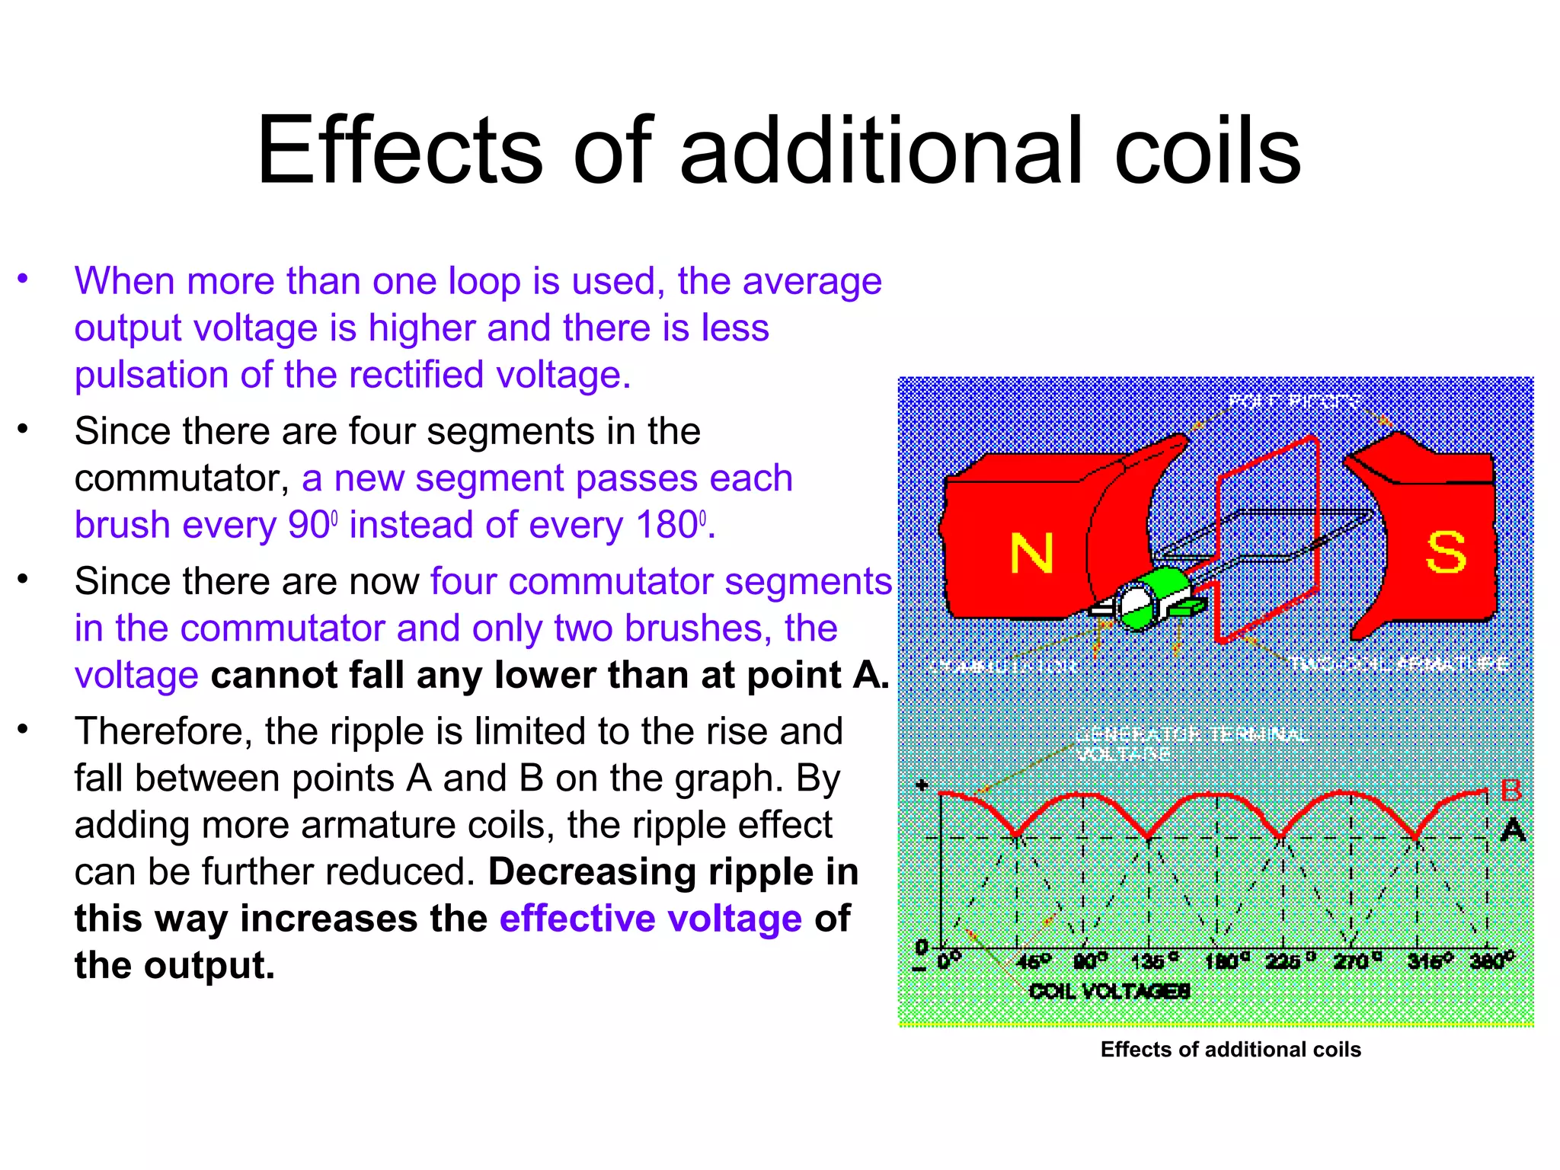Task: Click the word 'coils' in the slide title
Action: click(1207, 151)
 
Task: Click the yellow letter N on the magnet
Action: click(1031, 554)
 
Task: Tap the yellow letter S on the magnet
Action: click(1445, 552)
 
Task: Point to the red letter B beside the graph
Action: click(1510, 791)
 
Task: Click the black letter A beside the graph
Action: click(1513, 829)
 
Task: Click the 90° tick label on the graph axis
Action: click(1090, 961)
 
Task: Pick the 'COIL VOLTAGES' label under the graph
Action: click(1109, 991)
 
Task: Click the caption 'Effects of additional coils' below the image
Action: click(1230, 1050)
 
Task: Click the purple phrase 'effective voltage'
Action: click(651, 919)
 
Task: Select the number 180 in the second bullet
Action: click(667, 526)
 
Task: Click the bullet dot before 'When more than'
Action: click(24, 279)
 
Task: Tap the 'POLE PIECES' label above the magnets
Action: click(1293, 401)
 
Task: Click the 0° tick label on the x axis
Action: click(949, 961)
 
